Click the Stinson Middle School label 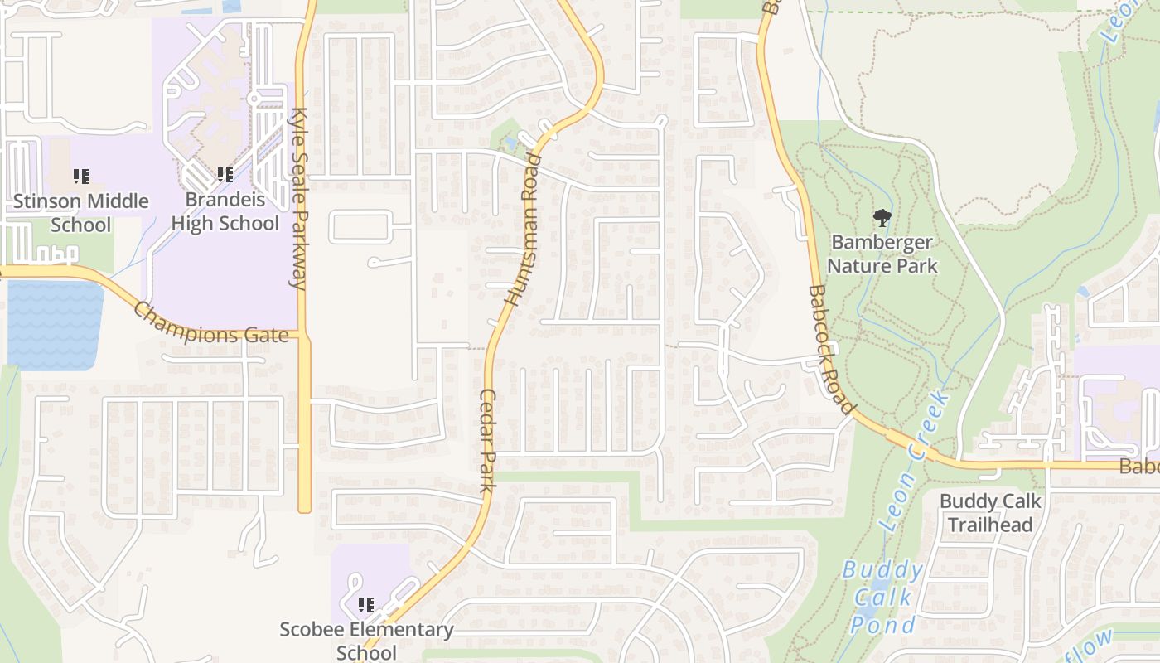[81, 213]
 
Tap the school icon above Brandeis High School [225, 175]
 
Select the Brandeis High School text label [225, 211]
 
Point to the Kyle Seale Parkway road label [298, 199]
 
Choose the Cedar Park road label [487, 441]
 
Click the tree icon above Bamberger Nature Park [882, 218]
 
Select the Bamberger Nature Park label [882, 254]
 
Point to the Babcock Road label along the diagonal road [830, 350]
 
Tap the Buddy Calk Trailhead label [990, 513]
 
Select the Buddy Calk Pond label [883, 597]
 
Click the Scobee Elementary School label [366, 640]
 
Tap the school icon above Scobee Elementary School [366, 605]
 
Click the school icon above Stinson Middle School [81, 177]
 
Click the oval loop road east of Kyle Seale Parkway [360, 227]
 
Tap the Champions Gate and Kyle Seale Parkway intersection [303, 336]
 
